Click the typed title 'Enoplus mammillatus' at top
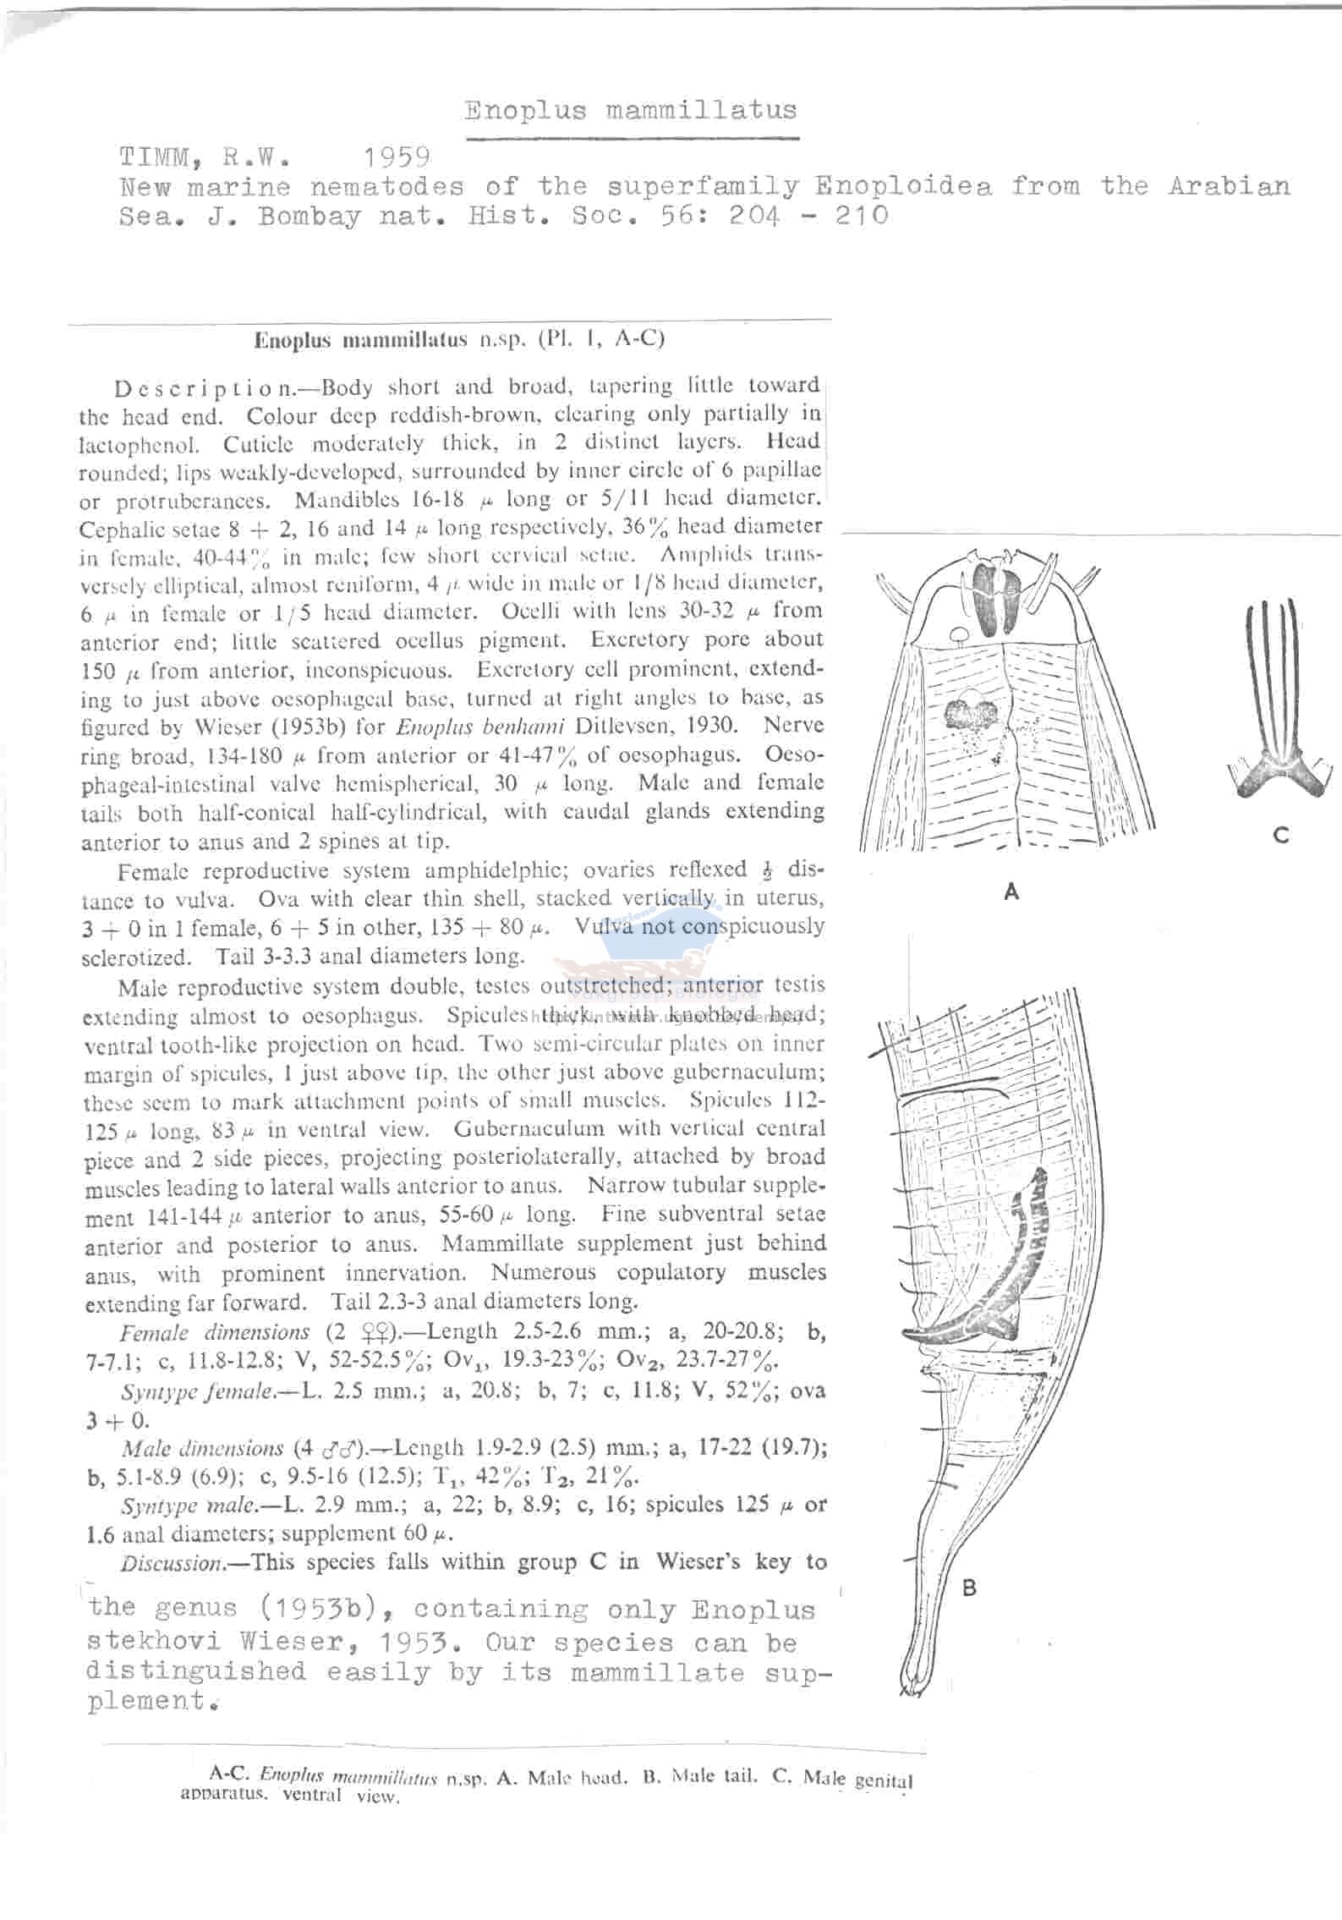(630, 111)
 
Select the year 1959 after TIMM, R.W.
(397, 157)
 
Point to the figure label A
(1011, 891)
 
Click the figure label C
(1280, 836)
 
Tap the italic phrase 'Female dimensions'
(214, 1332)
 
